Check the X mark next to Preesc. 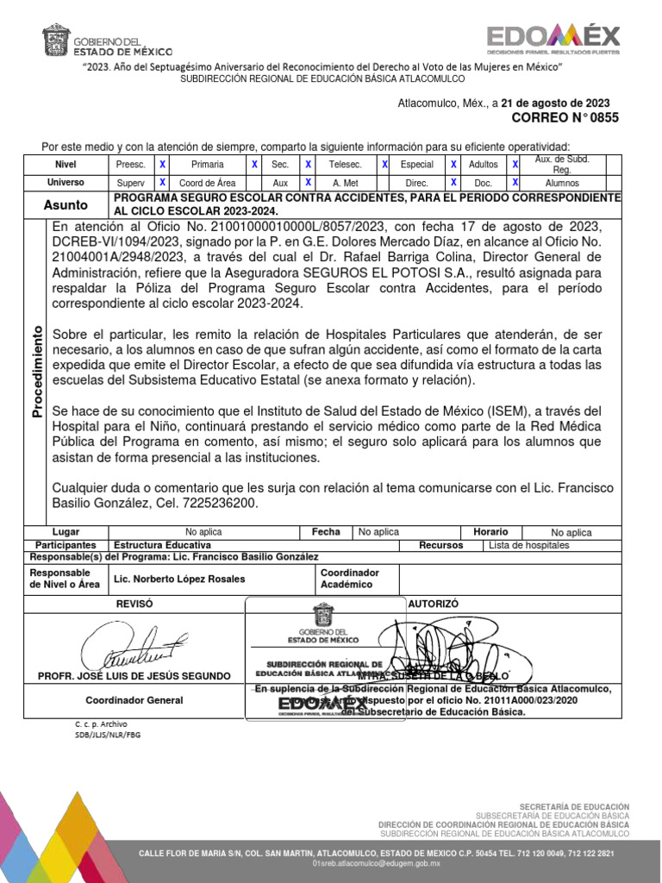[162, 164]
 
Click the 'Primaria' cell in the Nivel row [208, 164]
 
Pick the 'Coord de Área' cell [208, 183]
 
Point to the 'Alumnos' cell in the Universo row [562, 183]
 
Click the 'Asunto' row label [66, 205]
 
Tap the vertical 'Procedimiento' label [37, 372]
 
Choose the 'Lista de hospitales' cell [528, 546]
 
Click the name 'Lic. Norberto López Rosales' [179, 579]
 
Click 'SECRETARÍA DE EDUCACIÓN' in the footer [578, 805]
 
